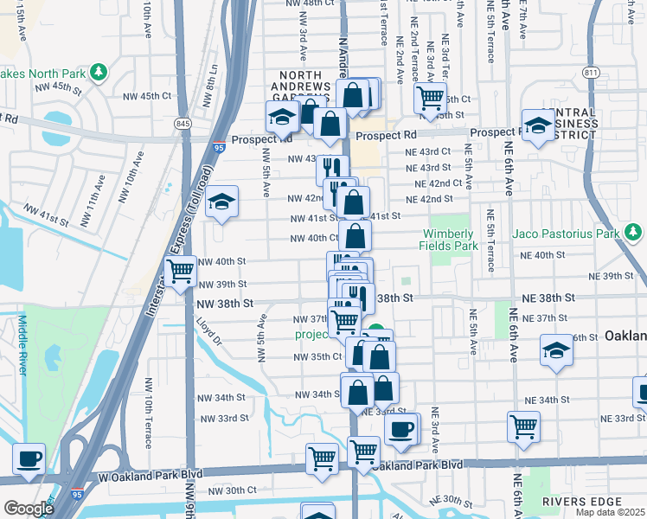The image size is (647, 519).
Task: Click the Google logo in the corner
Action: pyautogui.click(x=28, y=509)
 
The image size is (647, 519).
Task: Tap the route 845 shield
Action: pyautogui.click(x=183, y=125)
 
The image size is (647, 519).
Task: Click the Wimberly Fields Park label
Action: pyautogui.click(x=450, y=240)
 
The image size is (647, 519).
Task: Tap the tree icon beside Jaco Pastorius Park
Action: pyautogui.click(x=634, y=232)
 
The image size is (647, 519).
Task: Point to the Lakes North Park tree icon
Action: pyautogui.click(x=99, y=70)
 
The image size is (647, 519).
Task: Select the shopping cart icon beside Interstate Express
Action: pyautogui.click(x=180, y=272)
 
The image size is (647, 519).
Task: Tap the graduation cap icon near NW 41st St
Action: pyautogui.click(x=222, y=202)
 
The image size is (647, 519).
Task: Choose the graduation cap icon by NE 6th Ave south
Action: pyautogui.click(x=556, y=349)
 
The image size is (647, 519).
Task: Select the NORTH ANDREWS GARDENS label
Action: pyautogui.click(x=300, y=87)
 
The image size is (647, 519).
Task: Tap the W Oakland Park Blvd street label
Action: pyautogui.click(x=138, y=475)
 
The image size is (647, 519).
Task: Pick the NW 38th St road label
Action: pyautogui.click(x=225, y=304)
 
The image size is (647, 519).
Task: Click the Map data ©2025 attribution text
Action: pyautogui.click(x=610, y=512)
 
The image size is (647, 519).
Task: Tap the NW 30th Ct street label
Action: pyautogui.click(x=228, y=490)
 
